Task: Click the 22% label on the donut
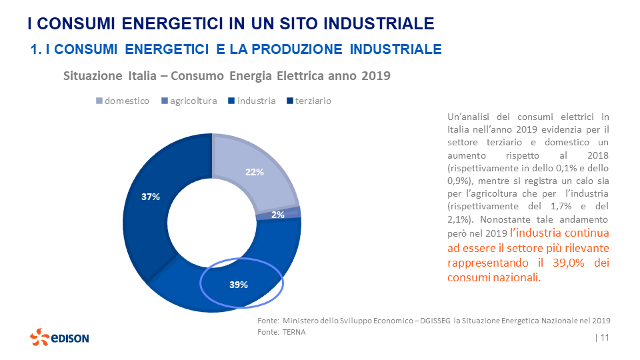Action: click(x=255, y=172)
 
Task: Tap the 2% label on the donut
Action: click(x=278, y=215)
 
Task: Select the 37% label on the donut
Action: click(x=150, y=197)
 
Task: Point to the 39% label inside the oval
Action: click(x=238, y=285)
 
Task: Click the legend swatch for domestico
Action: click(x=100, y=101)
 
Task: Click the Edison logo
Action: click(x=59, y=338)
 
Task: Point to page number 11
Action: click(x=605, y=338)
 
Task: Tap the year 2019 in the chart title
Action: click(x=375, y=76)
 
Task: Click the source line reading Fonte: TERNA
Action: click(x=281, y=332)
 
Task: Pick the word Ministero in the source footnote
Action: click(x=301, y=321)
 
